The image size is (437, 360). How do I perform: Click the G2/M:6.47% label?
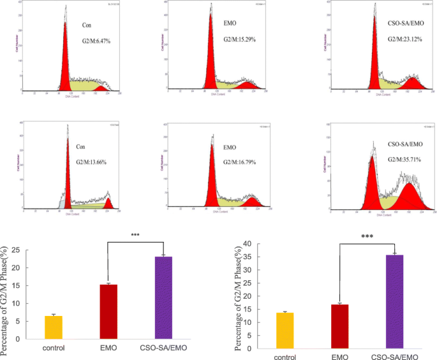tap(96, 41)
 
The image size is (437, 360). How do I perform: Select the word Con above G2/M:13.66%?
tap(81, 146)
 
